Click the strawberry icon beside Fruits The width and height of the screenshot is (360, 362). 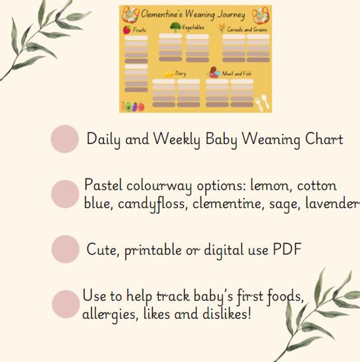click(127, 30)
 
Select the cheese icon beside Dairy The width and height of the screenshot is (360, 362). click(169, 73)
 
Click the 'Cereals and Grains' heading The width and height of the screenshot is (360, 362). click(247, 29)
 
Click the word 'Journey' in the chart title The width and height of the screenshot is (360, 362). click(231, 15)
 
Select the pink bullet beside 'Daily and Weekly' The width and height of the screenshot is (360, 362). click(65, 139)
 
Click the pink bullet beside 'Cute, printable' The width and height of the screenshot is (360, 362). click(65, 249)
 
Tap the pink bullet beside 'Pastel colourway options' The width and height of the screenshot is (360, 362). click(65, 194)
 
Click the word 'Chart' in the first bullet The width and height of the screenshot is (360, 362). click(324, 139)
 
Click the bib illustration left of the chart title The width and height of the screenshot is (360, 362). click(130, 14)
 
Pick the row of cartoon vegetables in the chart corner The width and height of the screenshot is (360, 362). click(133, 107)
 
